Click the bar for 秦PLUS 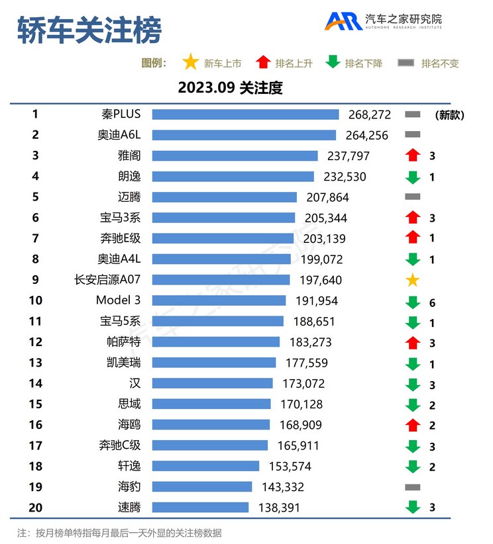click(x=245, y=114)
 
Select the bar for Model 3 click(x=219, y=300)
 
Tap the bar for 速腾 click(x=200, y=508)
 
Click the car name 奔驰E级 click(x=119, y=238)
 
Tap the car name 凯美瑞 click(x=123, y=363)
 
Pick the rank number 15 click(x=35, y=404)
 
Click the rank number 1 click(x=35, y=114)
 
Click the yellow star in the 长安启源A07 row click(x=412, y=280)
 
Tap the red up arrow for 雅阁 click(x=412, y=156)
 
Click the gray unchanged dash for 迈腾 click(x=412, y=197)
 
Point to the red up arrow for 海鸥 click(x=412, y=425)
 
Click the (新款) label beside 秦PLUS click(x=449, y=114)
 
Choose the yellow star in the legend click(x=191, y=63)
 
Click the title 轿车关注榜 click(x=89, y=30)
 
